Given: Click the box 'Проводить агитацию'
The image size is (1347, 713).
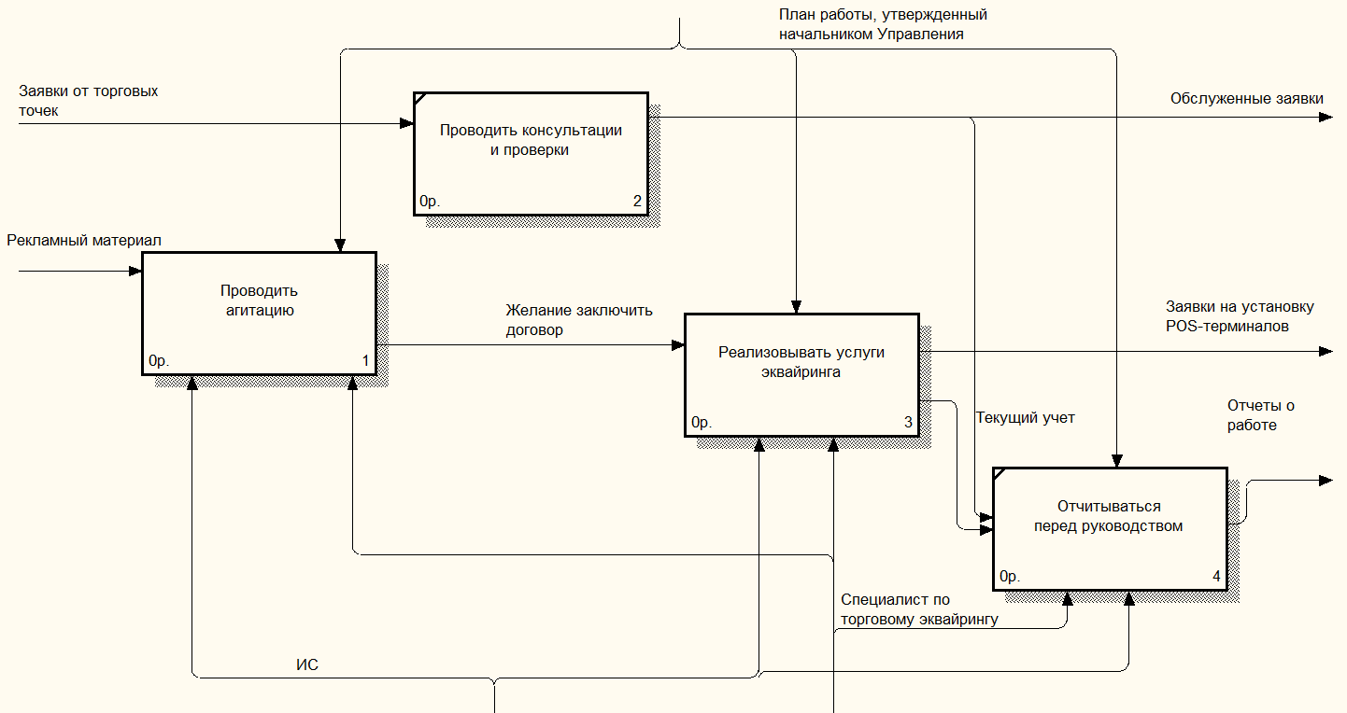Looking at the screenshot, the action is (x=259, y=314).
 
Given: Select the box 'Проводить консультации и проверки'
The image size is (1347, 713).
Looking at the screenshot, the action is (x=531, y=154).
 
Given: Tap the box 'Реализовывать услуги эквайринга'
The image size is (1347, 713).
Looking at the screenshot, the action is (x=802, y=375).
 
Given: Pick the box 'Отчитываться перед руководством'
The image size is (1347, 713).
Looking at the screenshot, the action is (x=1110, y=529).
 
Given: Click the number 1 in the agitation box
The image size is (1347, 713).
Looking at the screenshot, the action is (x=365, y=360).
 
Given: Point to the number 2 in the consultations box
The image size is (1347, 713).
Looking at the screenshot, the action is (x=637, y=201).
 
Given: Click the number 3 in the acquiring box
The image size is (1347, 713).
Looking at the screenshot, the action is (x=908, y=422).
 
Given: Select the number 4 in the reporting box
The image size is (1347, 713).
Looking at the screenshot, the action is (x=1216, y=576).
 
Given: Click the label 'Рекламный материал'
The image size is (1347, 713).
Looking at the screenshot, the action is (x=84, y=240).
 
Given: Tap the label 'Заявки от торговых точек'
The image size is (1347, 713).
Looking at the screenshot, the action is (x=89, y=101).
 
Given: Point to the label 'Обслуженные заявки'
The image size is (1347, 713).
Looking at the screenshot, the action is (x=1246, y=99).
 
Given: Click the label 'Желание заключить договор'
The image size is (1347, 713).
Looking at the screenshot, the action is (x=579, y=320).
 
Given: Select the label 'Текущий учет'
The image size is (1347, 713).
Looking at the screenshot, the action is (x=1026, y=417).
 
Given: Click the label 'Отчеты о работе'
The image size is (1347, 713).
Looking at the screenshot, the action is (x=1261, y=415).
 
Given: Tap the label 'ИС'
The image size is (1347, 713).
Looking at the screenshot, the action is (x=307, y=664).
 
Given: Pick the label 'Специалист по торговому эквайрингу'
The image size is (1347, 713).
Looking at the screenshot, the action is (x=919, y=609).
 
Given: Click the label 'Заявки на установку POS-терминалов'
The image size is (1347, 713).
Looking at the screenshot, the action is (x=1240, y=316).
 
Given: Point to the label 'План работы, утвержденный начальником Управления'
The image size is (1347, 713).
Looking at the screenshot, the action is (x=884, y=24).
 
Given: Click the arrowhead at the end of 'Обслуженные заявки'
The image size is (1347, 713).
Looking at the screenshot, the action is (x=1326, y=118).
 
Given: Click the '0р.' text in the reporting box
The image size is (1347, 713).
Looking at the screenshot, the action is (x=1009, y=577).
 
